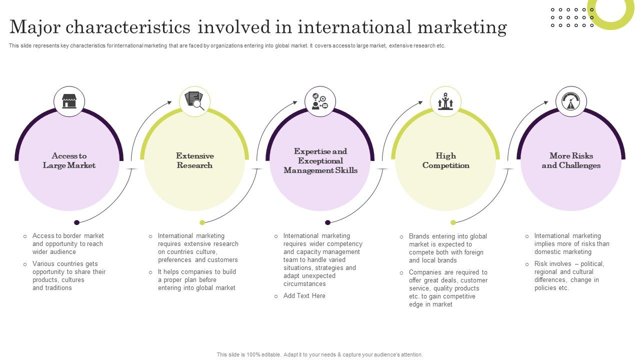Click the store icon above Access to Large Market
(69, 101)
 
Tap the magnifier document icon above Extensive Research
(194, 101)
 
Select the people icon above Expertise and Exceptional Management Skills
(320, 101)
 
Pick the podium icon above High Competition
(445, 101)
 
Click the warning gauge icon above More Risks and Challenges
(571, 101)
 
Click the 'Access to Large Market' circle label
(69, 160)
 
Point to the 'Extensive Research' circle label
(194, 160)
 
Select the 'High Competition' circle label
(445, 160)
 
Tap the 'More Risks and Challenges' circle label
(571, 160)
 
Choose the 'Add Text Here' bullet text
(304, 296)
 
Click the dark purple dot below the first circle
(76, 222)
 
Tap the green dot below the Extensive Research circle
(202, 222)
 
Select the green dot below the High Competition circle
(453, 222)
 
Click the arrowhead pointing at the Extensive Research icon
(169, 103)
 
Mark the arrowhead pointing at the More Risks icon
(546, 103)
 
